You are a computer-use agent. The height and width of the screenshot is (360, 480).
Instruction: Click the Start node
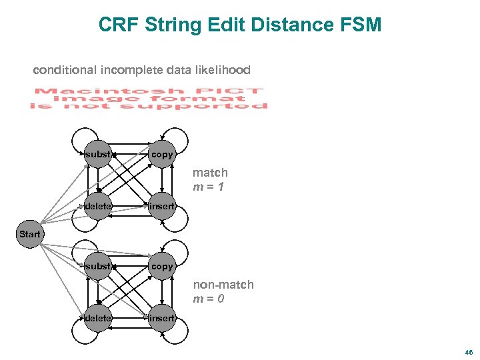(x=29, y=235)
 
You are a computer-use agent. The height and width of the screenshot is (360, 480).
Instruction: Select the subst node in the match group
(x=98, y=155)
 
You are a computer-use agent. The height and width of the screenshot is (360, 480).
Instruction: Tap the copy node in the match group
(x=162, y=155)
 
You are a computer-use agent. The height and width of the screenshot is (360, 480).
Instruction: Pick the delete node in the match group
(x=98, y=207)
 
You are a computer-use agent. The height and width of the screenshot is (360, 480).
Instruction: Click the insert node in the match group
(x=162, y=207)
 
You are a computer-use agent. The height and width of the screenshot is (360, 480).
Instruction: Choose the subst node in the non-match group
(x=98, y=267)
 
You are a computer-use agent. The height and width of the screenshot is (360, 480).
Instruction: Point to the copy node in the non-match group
(x=162, y=267)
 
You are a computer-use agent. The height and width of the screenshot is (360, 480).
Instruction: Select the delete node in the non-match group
(x=98, y=319)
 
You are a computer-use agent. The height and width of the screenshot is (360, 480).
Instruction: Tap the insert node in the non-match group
(x=162, y=319)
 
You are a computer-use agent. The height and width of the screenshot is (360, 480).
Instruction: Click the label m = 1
(x=208, y=187)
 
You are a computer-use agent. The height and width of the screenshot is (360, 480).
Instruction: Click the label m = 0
(x=208, y=299)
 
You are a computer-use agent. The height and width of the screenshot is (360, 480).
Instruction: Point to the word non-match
(x=223, y=285)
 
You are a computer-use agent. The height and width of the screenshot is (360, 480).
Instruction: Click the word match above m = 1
(x=210, y=173)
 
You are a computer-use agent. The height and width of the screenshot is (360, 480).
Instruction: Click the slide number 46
(x=469, y=351)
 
